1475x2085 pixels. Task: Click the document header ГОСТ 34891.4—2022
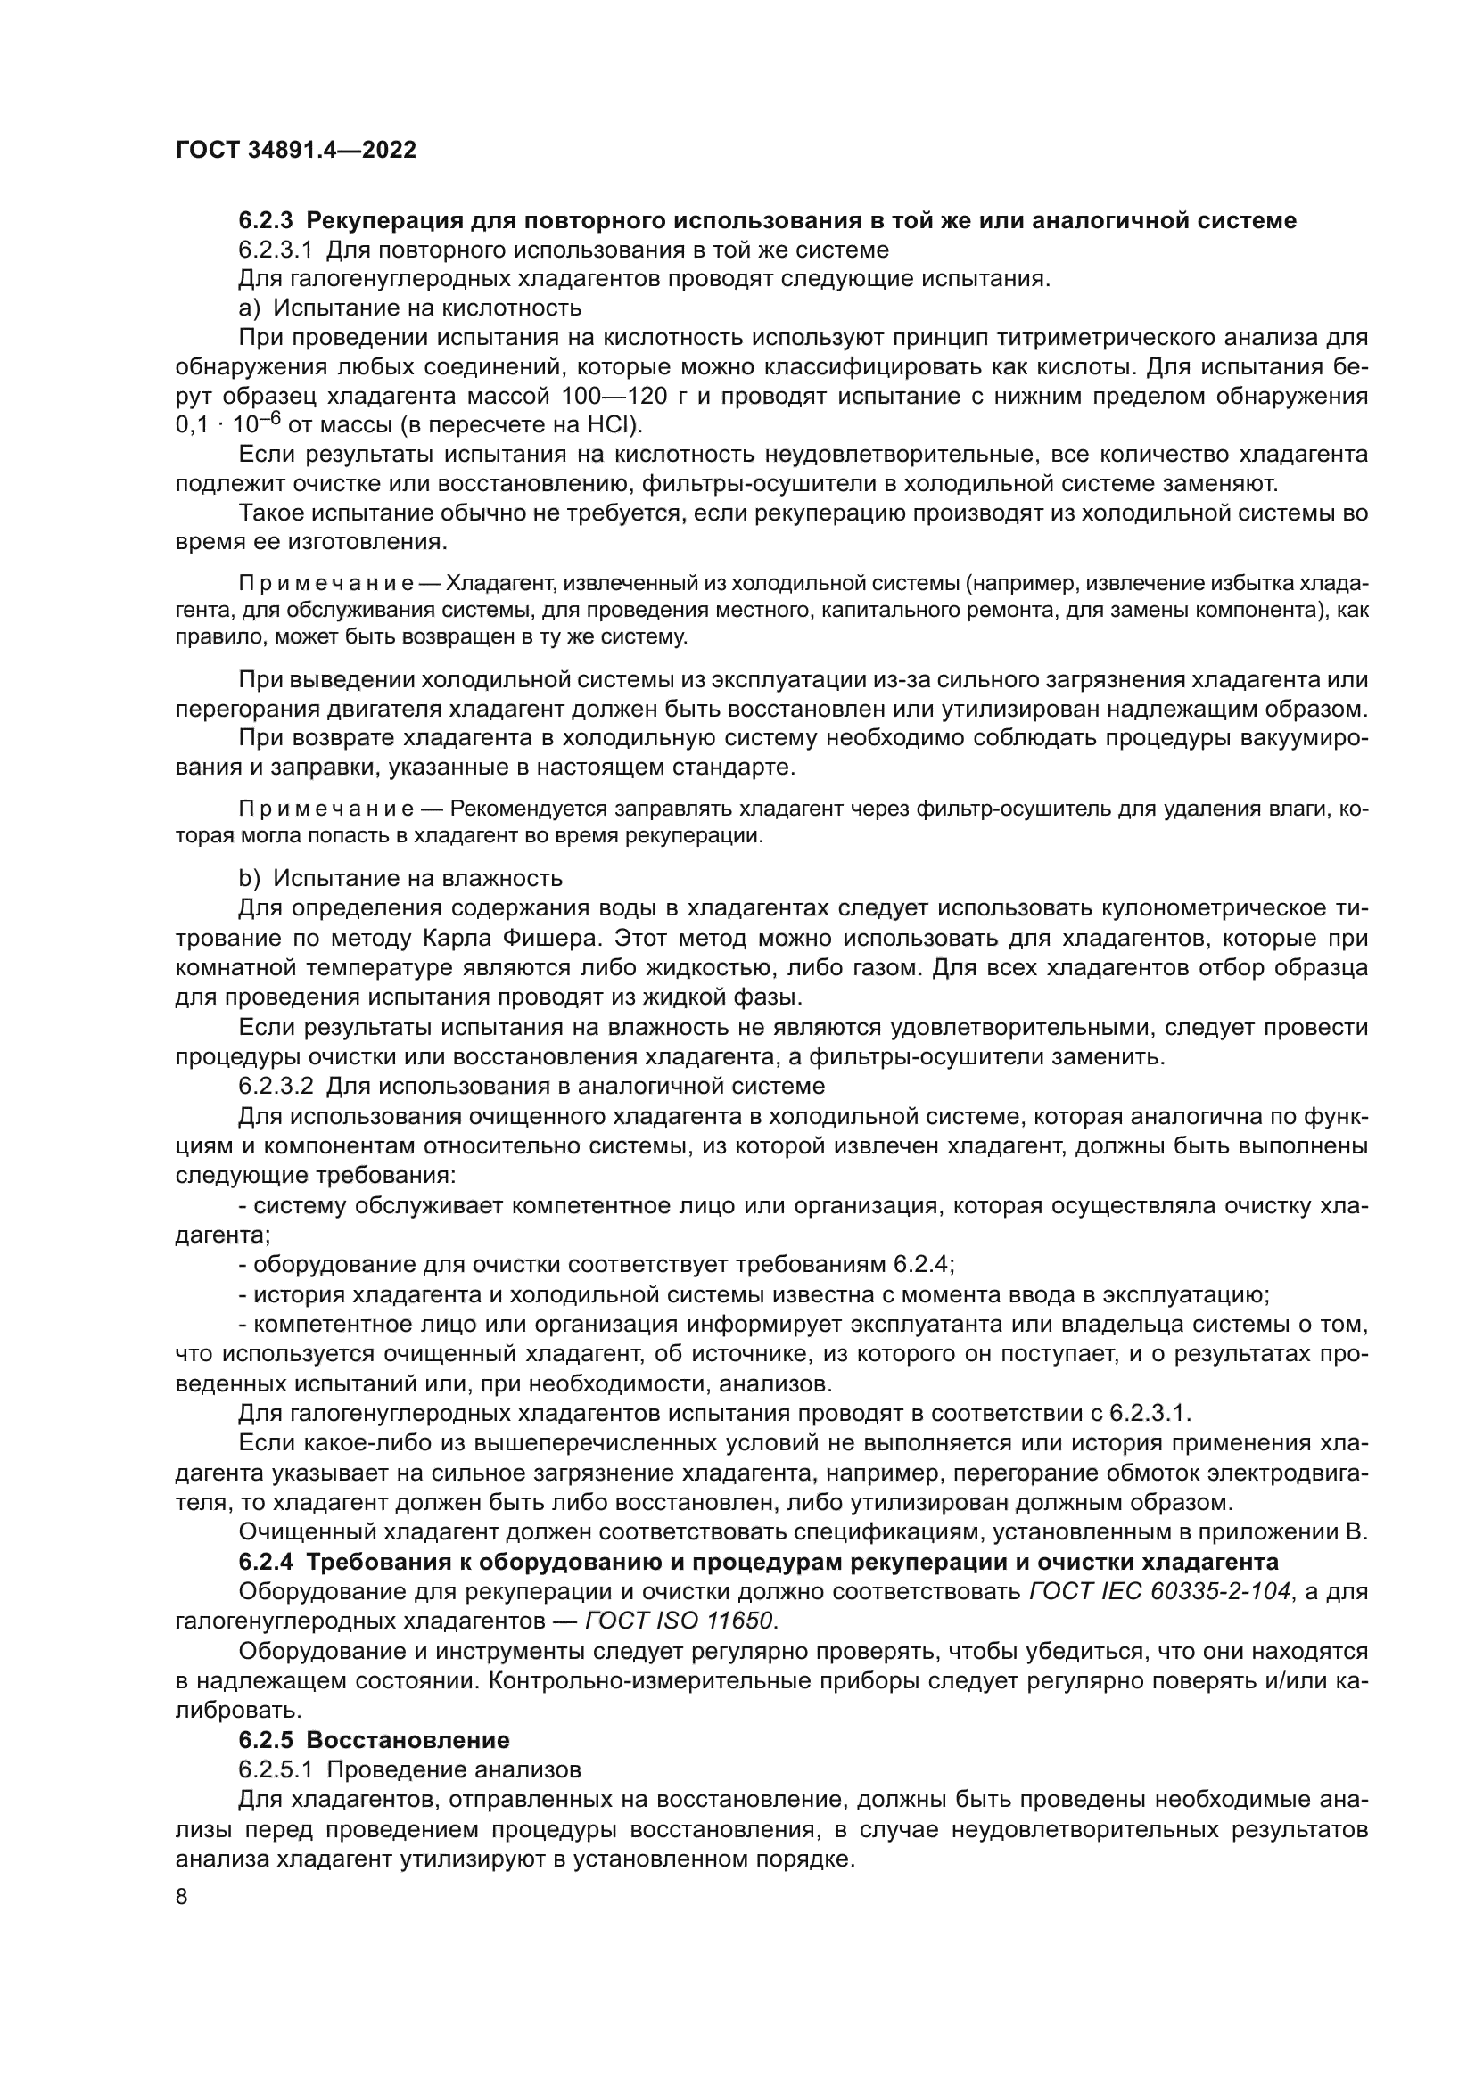coord(296,151)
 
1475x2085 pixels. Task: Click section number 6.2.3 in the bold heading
coord(266,220)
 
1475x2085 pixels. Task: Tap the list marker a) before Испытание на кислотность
coord(249,308)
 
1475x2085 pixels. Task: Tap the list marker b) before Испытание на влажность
coord(249,878)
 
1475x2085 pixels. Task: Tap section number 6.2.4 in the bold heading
coord(266,1562)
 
